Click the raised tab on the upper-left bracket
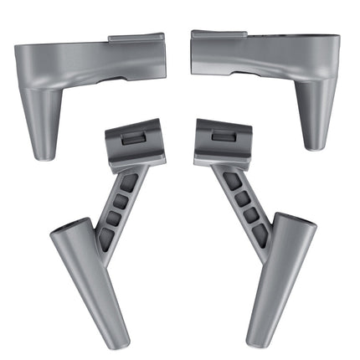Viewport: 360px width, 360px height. tap(136, 39)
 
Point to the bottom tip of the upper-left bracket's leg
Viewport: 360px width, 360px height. tap(44, 156)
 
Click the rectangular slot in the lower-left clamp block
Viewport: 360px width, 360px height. tap(133, 140)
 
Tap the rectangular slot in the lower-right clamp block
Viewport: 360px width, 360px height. tap(224, 136)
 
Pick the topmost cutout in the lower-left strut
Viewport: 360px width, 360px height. tap(127, 183)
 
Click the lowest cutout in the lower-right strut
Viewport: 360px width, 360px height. tap(254, 234)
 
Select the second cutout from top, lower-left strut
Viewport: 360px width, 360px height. tap(121, 201)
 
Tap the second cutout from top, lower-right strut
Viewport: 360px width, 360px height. tap(239, 198)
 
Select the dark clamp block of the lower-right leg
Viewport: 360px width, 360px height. tap(223, 141)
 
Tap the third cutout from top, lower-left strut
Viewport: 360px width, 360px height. tap(115, 219)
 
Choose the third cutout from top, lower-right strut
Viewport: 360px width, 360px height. tap(246, 216)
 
